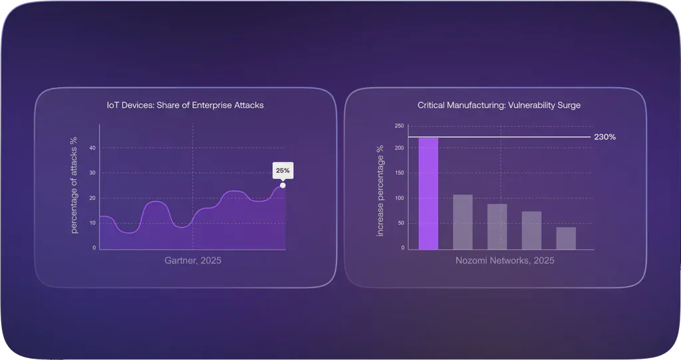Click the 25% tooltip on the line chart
pos(283,170)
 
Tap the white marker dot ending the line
pos(283,185)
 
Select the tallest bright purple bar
pos(428,194)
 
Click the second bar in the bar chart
pos(463,222)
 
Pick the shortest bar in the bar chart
pos(566,238)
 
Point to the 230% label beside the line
pos(605,137)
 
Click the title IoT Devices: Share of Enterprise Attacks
pos(186,105)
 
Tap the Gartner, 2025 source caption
pos(193,261)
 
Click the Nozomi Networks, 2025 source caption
pos(505,261)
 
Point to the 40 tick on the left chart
pos(93,148)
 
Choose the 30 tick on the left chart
pos(93,173)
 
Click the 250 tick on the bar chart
pos(399,125)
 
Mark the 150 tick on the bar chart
pos(399,173)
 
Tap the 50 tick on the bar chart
pos(400,223)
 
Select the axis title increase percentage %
pos(380,191)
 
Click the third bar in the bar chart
pos(497,226)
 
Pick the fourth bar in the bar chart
pos(531,230)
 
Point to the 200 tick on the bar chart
pos(399,148)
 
